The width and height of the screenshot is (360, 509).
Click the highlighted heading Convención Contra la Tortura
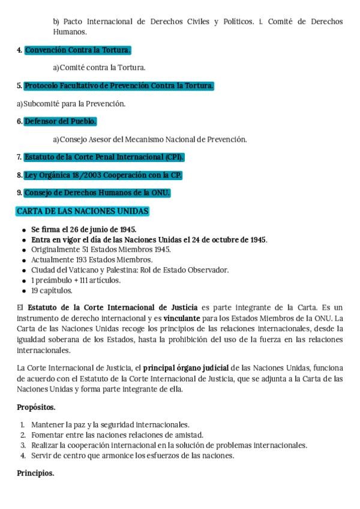tap(77, 50)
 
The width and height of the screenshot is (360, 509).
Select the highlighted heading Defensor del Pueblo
tap(60, 121)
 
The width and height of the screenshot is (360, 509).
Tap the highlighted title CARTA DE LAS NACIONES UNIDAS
tap(82, 211)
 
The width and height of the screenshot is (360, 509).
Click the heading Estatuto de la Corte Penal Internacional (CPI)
tap(104, 157)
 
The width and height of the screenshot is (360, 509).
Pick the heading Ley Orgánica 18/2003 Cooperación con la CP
tap(103, 175)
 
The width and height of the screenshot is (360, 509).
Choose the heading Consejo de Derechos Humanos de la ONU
tap(97, 193)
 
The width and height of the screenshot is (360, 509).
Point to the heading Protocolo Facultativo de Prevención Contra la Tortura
tap(119, 86)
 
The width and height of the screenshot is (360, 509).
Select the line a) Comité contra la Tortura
tap(99, 68)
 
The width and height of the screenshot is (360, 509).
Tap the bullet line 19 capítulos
tap(52, 291)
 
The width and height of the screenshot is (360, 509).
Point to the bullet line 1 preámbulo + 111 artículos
tap(76, 280)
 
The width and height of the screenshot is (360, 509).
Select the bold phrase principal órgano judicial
tap(186, 367)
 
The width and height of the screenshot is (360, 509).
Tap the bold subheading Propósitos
tap(36, 407)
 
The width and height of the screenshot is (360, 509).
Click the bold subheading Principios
tap(35, 473)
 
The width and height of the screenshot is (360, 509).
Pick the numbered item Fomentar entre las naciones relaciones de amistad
tap(117, 435)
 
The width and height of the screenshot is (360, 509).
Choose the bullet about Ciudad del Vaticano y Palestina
tap(130, 270)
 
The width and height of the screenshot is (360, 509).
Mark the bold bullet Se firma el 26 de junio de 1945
tap(83, 229)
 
